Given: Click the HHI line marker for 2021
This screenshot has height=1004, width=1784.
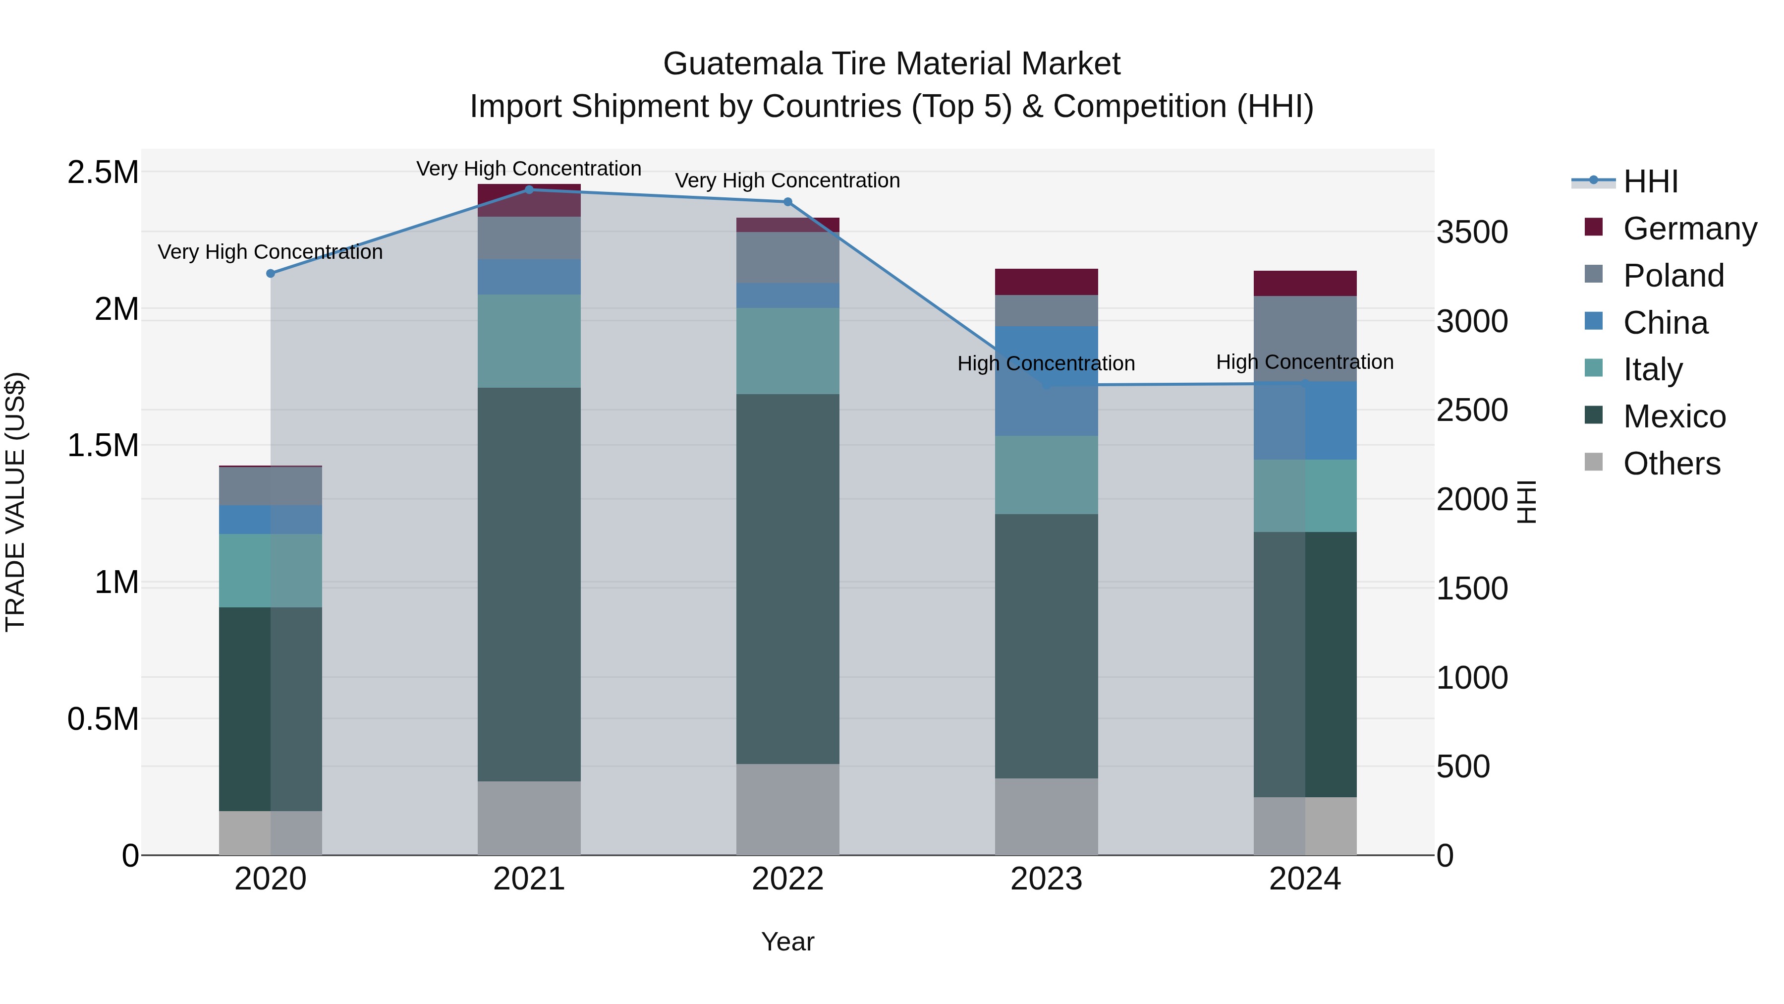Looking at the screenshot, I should tap(529, 189).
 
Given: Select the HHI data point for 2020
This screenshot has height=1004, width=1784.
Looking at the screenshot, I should tap(271, 274).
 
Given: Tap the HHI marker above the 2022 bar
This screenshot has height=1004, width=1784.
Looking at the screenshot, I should tap(787, 202).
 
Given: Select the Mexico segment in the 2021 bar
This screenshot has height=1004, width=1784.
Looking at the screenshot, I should tap(529, 584).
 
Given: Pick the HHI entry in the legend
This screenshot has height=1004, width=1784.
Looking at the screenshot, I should tap(1650, 181).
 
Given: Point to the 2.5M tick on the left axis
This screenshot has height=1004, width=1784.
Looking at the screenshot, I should tap(103, 172).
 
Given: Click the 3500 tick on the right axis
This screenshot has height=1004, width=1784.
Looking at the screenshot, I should tap(1472, 232).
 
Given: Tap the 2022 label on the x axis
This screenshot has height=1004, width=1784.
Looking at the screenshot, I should tap(787, 879).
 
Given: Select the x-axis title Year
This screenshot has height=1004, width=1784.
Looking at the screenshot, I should tap(787, 942).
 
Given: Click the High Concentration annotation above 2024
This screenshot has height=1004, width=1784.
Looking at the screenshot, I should tap(1305, 362).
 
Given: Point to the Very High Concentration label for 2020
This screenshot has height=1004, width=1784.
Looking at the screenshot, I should tap(270, 251).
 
